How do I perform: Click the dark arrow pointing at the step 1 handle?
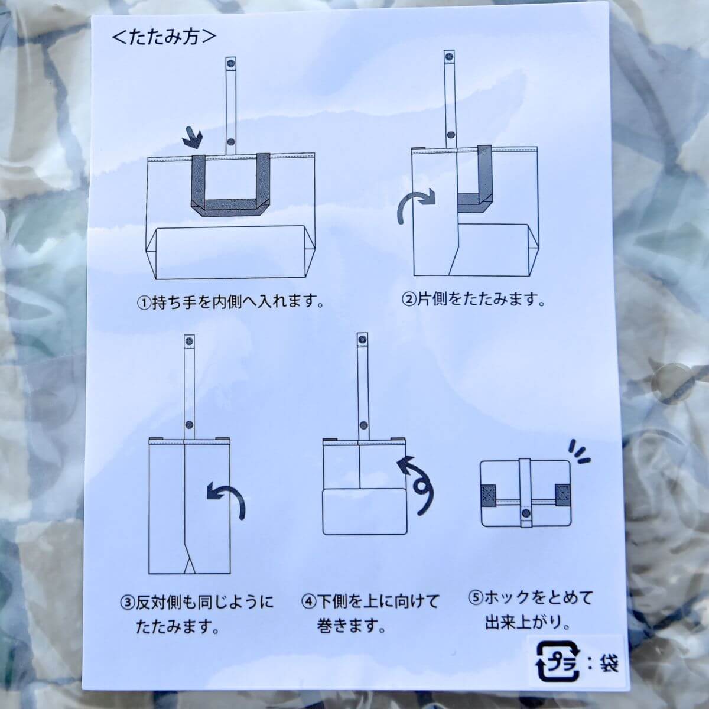click(193, 138)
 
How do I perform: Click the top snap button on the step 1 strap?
click(232, 62)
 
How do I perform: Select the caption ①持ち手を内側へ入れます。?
click(231, 303)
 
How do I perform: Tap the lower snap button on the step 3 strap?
click(189, 425)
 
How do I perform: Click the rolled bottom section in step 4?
click(365, 512)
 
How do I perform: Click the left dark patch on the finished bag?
click(489, 496)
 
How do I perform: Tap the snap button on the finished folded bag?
click(525, 513)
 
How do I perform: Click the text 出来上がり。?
click(528, 623)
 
